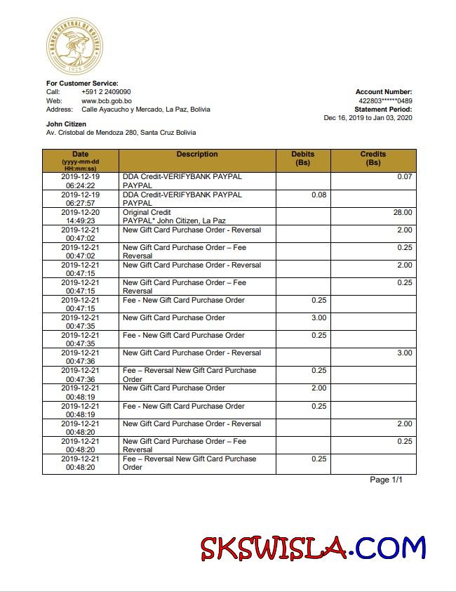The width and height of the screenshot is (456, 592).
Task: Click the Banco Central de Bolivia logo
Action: point(74,46)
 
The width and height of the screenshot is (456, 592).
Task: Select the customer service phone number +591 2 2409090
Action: point(106,92)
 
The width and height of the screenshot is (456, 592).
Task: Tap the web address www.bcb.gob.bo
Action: point(107,100)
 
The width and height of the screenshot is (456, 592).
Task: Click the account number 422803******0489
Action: point(385,100)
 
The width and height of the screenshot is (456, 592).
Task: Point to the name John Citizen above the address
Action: point(66,124)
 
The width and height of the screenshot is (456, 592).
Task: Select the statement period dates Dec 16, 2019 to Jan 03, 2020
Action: point(368,117)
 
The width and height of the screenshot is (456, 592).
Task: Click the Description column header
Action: point(197,154)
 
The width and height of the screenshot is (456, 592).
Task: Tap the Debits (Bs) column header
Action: point(303,158)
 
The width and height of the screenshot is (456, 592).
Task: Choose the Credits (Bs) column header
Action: point(373,158)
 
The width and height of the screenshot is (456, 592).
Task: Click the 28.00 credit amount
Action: point(403,212)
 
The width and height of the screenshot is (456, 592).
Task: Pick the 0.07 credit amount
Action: point(405,177)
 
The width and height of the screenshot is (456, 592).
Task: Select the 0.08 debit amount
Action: point(318,195)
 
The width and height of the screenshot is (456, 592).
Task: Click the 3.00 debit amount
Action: point(318,317)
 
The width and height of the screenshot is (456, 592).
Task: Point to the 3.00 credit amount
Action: point(405,353)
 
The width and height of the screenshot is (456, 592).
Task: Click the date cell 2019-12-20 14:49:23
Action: point(80,216)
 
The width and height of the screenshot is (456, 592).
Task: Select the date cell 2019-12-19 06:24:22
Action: point(80,181)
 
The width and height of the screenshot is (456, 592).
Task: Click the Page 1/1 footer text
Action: point(387,480)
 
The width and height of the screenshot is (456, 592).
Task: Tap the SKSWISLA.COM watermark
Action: point(313,548)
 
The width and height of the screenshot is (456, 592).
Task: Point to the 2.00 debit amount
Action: point(318,388)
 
